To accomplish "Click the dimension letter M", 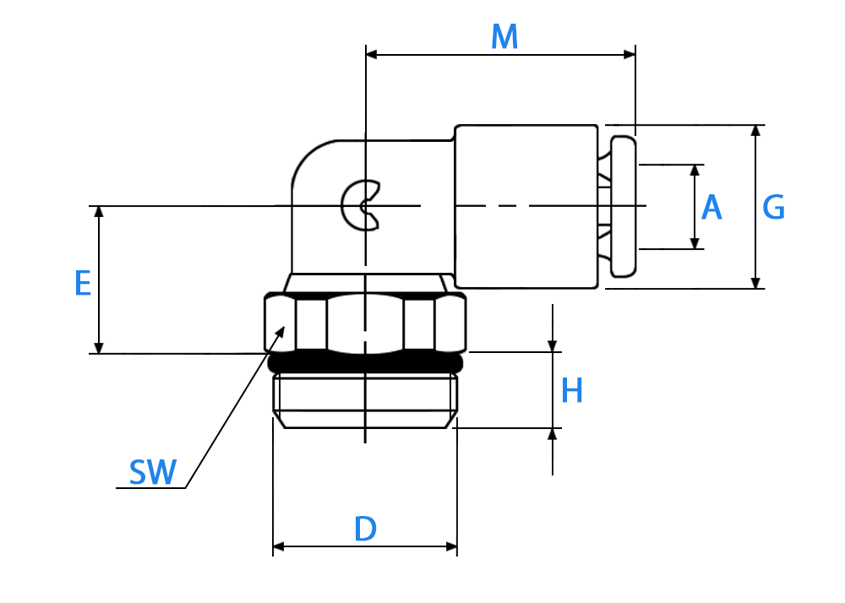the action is click(x=504, y=37).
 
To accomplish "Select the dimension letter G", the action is click(x=774, y=207).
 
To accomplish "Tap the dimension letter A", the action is click(x=711, y=207).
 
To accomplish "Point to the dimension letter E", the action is click(x=83, y=283).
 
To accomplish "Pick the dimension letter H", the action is click(x=572, y=390).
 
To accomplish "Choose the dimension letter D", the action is click(x=365, y=529).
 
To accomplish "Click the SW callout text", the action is click(x=152, y=472).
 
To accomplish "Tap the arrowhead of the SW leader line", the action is click(x=281, y=330).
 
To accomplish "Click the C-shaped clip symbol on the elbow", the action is click(x=360, y=206).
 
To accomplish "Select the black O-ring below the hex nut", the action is click(x=365, y=362).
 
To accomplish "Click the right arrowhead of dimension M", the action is click(x=630, y=54).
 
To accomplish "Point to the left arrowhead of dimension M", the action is click(x=372, y=54).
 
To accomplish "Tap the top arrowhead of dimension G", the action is click(x=755, y=131).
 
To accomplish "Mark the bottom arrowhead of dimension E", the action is click(x=99, y=347).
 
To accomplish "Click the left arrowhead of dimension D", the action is click(x=279, y=547).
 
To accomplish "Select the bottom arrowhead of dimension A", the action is click(x=695, y=243).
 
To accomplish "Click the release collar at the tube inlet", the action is click(x=624, y=207).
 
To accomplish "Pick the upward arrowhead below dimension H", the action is click(x=553, y=434).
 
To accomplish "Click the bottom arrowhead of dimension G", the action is click(x=755, y=283).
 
